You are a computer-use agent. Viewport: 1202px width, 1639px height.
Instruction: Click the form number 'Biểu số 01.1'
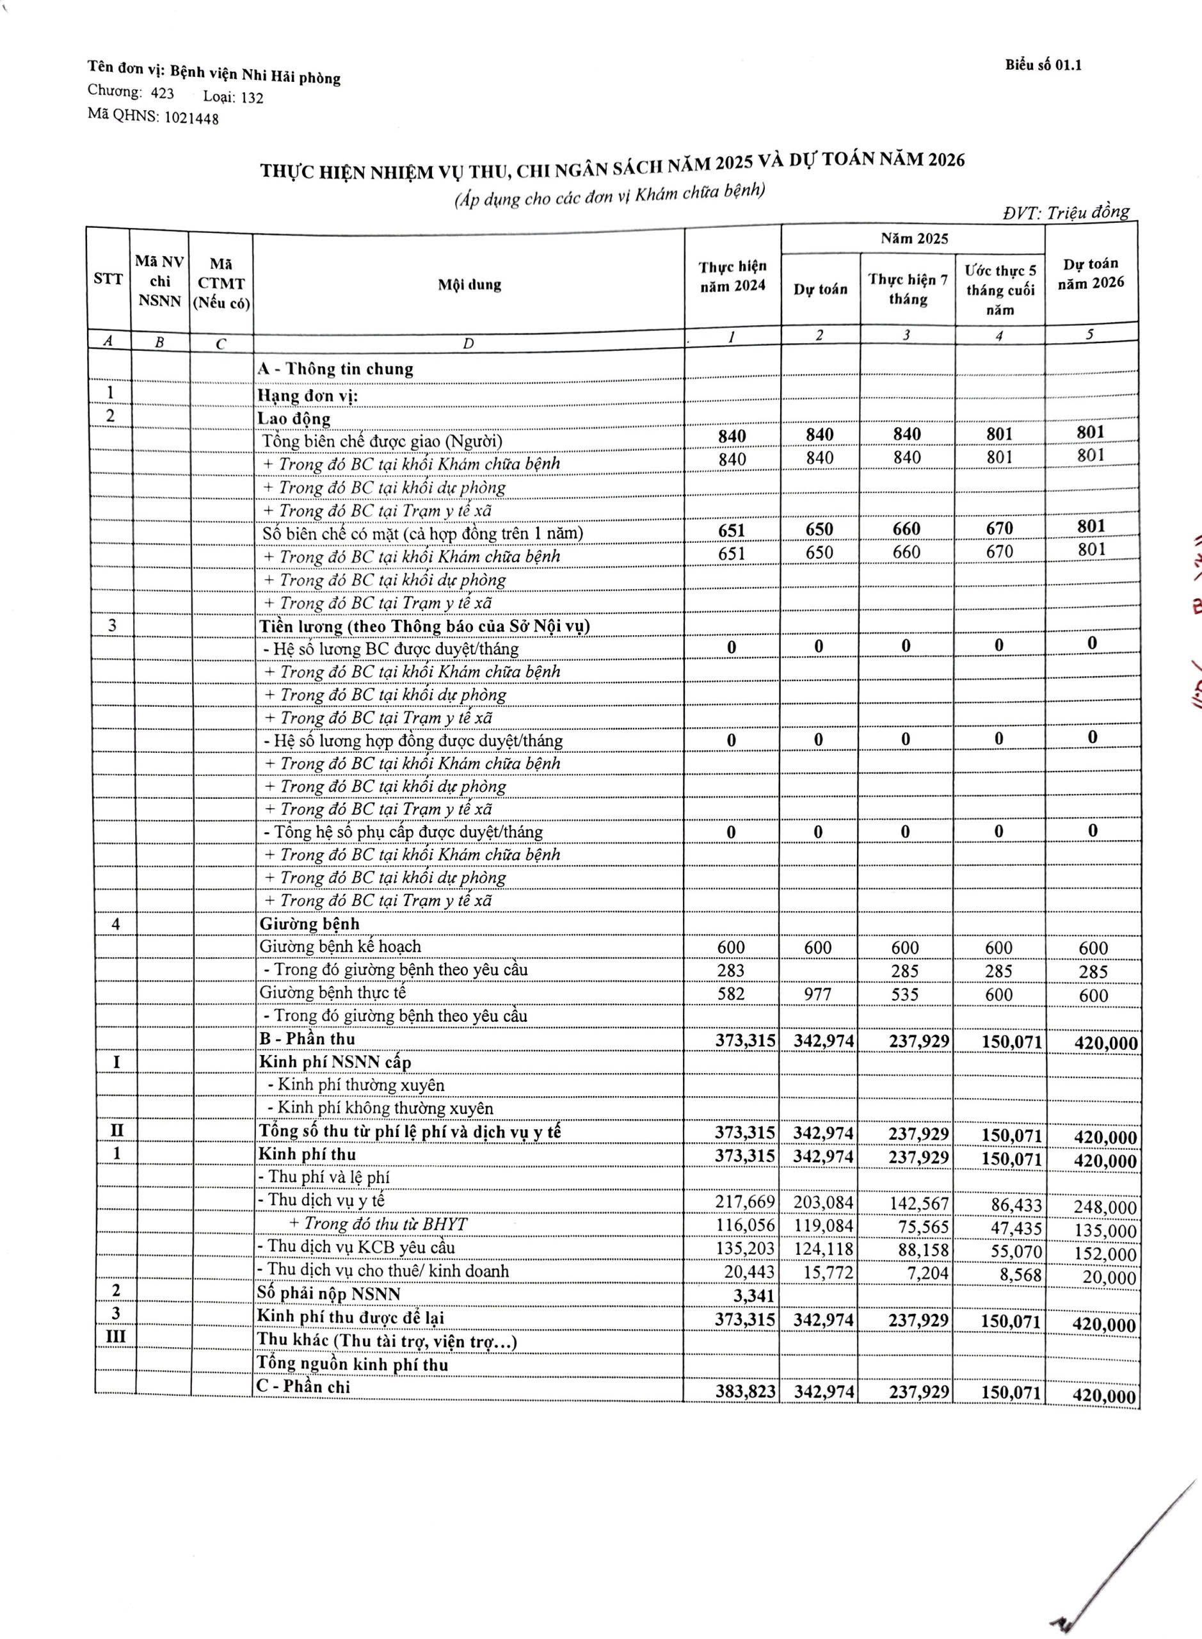1043,65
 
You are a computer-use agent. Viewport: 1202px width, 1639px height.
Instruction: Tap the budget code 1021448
191,118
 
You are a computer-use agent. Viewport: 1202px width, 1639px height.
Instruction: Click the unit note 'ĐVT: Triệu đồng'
1066,213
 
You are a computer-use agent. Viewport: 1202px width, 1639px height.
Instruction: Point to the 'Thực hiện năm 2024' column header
733,276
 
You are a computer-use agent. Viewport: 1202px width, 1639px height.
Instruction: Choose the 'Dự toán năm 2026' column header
1091,273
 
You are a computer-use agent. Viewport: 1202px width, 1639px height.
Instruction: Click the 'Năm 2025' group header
914,238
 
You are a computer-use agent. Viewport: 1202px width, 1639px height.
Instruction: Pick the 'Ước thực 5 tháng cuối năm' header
1000,289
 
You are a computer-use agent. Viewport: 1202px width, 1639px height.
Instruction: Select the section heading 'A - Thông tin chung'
335,369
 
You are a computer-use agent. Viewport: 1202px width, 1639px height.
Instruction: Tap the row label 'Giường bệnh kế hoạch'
341,946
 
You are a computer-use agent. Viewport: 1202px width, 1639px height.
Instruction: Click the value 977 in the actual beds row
818,994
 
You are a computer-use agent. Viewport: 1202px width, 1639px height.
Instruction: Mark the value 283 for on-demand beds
730,970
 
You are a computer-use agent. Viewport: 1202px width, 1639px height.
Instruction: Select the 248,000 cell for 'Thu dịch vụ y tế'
1105,1207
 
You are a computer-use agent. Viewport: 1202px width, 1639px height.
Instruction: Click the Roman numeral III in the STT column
115,1337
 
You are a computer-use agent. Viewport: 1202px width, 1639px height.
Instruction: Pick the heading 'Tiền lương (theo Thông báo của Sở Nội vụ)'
424,626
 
